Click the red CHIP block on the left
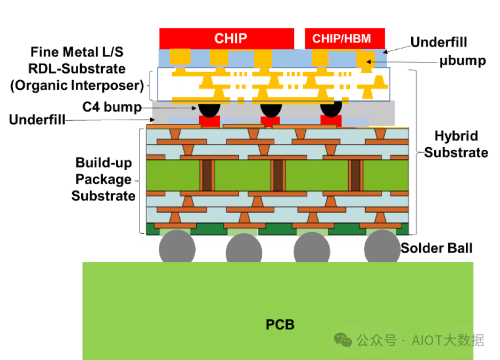click(x=227, y=39)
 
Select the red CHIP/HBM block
click(x=345, y=39)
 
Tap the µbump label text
click(x=463, y=60)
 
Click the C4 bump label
click(x=112, y=107)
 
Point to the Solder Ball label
click(x=436, y=248)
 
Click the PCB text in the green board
click(x=280, y=325)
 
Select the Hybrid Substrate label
click(x=456, y=144)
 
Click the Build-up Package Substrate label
click(x=104, y=179)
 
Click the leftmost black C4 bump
click(x=210, y=109)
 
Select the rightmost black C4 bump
click(x=331, y=109)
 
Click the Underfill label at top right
click(x=439, y=42)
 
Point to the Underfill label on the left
click(x=37, y=120)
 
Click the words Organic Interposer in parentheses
click(x=77, y=86)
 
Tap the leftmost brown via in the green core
click(x=206, y=176)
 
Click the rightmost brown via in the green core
click(x=355, y=176)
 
